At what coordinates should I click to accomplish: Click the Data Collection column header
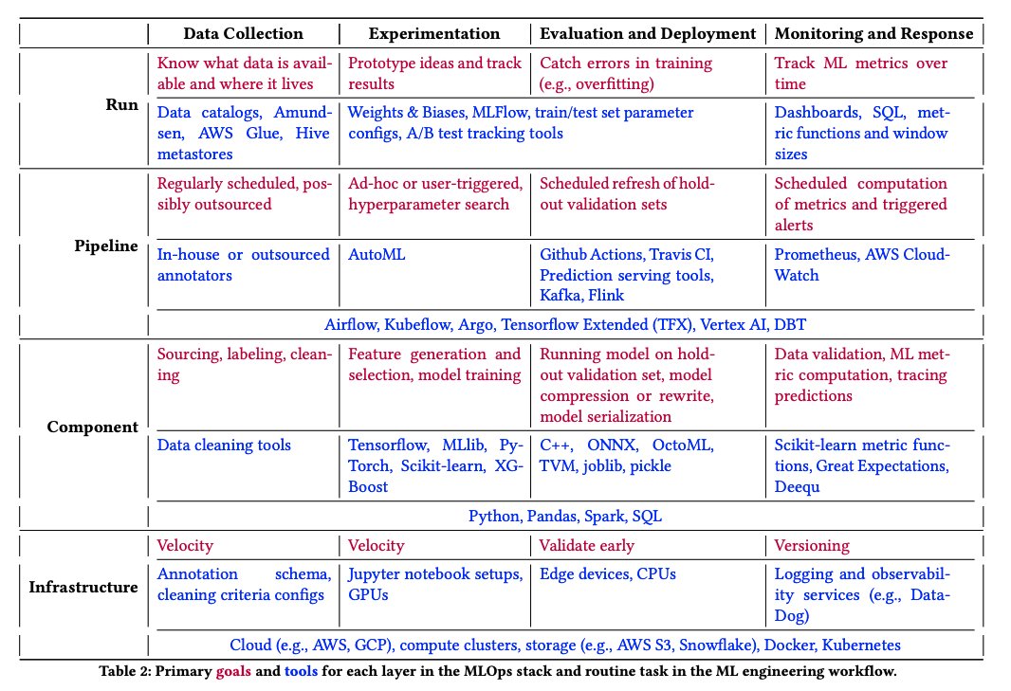point(243,33)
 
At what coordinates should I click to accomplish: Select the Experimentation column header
point(433,33)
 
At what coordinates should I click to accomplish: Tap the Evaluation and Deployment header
point(648,33)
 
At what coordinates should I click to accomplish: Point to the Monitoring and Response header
point(873,33)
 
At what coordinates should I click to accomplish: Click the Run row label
point(123,103)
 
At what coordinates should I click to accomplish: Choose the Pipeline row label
point(107,246)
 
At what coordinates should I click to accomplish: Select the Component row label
point(92,427)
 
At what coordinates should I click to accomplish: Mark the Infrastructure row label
point(83,587)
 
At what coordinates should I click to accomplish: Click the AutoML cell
point(377,254)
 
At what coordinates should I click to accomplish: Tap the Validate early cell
point(587,545)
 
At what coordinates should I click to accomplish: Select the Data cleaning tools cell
point(224,445)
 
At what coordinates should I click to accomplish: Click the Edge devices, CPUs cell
point(608,573)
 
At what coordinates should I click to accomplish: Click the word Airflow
point(351,322)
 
